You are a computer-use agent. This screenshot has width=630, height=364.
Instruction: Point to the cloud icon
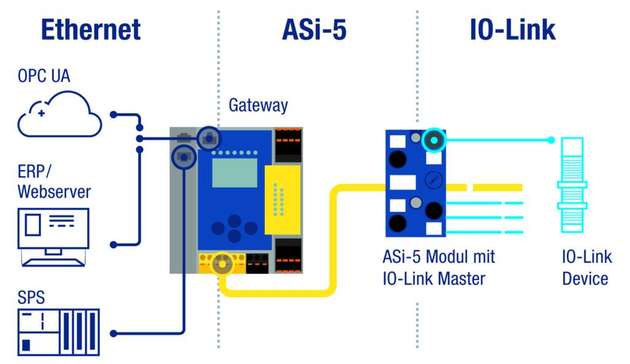click(x=59, y=116)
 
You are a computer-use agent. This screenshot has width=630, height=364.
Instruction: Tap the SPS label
click(x=32, y=298)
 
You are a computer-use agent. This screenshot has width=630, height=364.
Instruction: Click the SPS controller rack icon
click(x=59, y=332)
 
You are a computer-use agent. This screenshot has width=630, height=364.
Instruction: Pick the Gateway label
click(x=257, y=105)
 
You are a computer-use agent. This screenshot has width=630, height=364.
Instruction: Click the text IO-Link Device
click(x=584, y=267)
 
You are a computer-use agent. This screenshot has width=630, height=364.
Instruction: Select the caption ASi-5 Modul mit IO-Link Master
click(x=440, y=267)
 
